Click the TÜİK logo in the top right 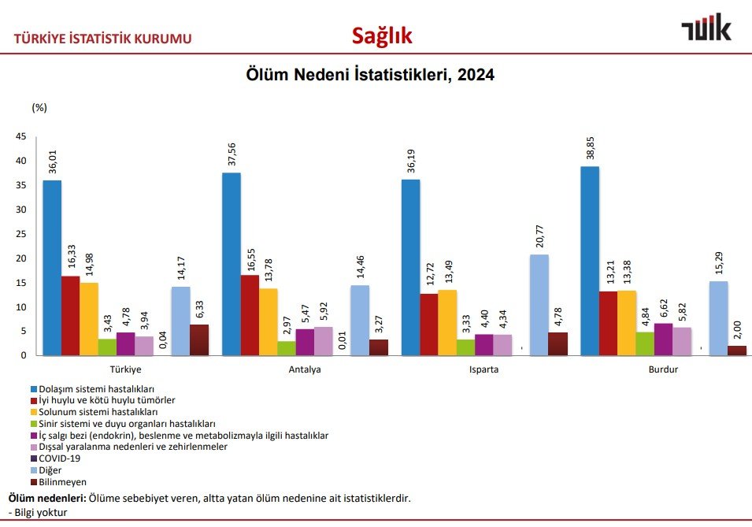click(706, 29)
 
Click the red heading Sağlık click(382, 35)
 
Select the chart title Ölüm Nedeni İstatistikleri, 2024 click(370, 76)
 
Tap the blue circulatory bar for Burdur click(590, 261)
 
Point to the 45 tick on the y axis click(20, 137)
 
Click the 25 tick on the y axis click(20, 234)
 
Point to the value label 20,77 click(539, 235)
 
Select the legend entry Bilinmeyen click(64, 481)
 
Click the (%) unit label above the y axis click(40, 107)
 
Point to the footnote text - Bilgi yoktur click(38, 513)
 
